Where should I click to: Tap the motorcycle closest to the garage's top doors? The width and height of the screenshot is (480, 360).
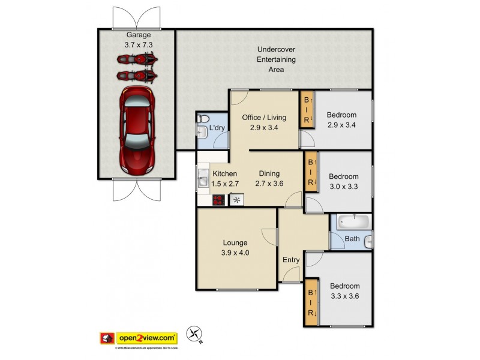pos(137,59)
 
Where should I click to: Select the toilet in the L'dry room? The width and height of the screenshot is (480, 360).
pos(202,118)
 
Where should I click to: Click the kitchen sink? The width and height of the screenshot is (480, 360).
pos(202,179)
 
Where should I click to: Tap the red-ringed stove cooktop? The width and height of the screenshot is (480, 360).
pos(219,200)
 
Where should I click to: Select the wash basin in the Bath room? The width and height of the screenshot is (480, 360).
pos(368,241)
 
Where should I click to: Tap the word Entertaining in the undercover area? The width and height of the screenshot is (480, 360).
pos(276,59)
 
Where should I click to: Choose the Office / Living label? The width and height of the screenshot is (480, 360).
pos(264,117)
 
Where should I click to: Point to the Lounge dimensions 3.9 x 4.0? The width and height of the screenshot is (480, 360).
pos(236,253)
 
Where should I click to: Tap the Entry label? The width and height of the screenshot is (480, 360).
pos(291,260)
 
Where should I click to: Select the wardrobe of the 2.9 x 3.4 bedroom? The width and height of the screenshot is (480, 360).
pos(307,110)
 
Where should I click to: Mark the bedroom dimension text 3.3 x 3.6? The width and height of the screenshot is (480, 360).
pos(344,296)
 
